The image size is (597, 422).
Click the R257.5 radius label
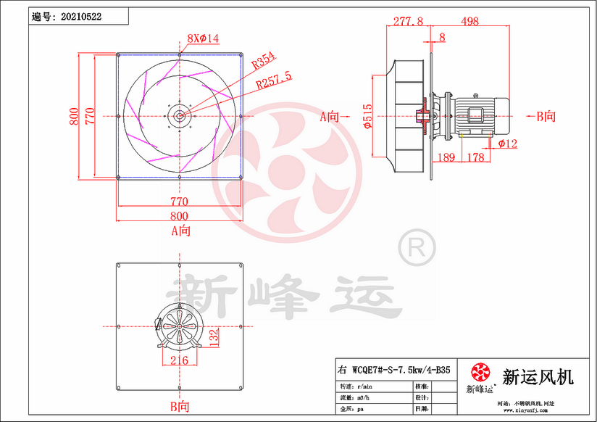(x=274, y=75)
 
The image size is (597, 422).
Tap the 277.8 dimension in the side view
(x=408, y=22)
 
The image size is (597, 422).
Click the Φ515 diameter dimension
(x=368, y=115)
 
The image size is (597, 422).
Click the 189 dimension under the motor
(x=447, y=157)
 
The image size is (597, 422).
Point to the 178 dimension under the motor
(x=475, y=157)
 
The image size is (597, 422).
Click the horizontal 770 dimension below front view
(x=179, y=202)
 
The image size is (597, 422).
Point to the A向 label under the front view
(x=180, y=231)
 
